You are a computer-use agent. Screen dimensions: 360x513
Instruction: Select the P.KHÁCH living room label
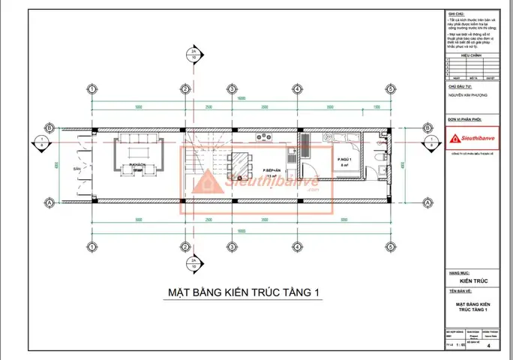136,163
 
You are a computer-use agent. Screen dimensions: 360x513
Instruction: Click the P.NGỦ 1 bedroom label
344,160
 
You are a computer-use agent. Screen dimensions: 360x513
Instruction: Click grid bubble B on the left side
49,128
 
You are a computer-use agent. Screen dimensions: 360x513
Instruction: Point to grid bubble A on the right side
427,202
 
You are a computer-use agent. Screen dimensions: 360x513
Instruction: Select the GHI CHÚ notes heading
456,13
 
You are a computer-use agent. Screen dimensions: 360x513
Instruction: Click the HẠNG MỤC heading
458,274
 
